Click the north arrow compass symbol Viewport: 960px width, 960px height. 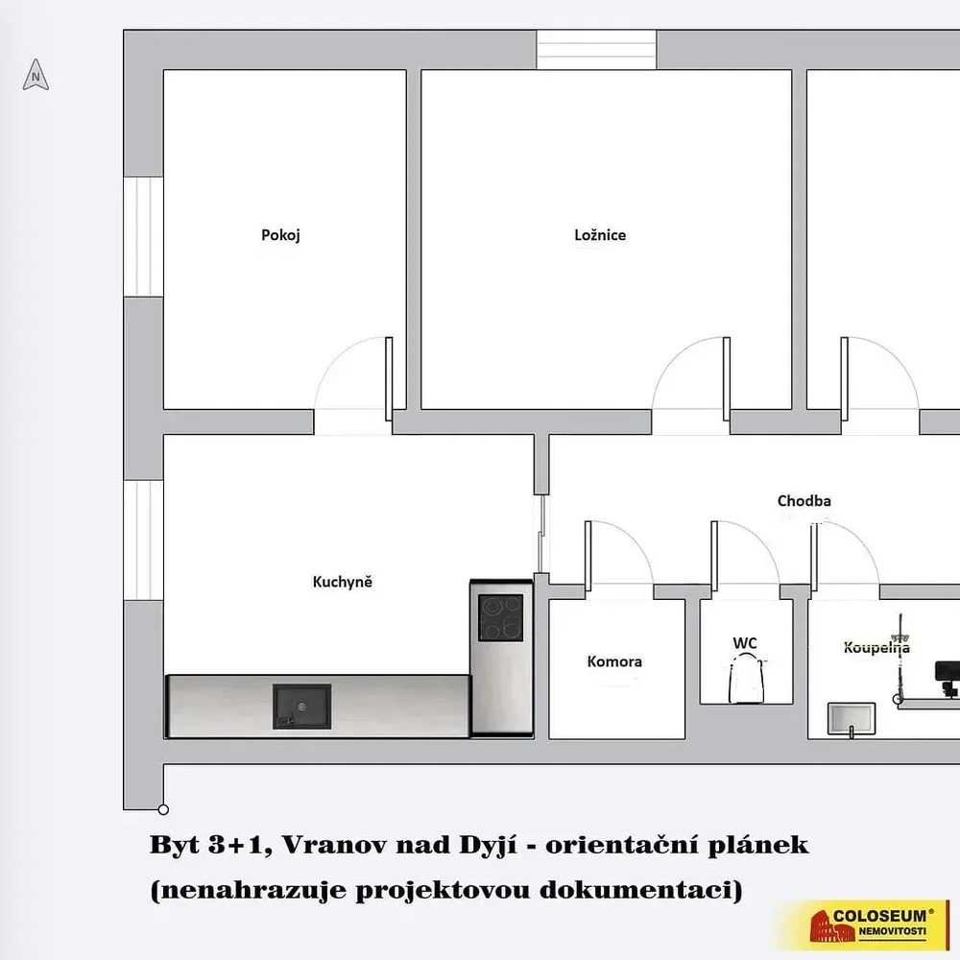point(36,75)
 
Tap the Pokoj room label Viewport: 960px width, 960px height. point(280,235)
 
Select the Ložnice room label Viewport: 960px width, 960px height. point(600,235)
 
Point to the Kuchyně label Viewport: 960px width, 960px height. point(343,582)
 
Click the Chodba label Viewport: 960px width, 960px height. point(804,501)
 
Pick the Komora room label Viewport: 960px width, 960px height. point(614,661)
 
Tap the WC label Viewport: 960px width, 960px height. point(745,643)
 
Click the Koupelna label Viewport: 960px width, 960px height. point(876,647)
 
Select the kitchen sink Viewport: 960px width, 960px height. point(301,707)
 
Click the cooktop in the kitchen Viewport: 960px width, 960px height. point(501,617)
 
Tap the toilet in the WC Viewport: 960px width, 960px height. point(746,678)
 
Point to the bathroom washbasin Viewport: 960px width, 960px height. point(851,719)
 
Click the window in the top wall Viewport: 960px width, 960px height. point(596,50)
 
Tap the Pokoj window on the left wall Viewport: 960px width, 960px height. point(143,237)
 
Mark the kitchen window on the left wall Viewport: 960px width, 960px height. point(143,540)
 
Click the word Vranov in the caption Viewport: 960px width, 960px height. point(334,845)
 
